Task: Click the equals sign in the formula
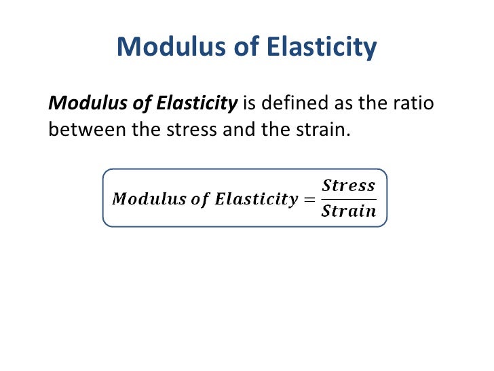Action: (x=309, y=199)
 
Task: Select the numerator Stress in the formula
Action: (x=348, y=185)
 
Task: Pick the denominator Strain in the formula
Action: (x=348, y=211)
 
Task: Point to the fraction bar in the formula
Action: (x=348, y=198)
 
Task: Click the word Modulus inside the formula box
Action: (x=148, y=199)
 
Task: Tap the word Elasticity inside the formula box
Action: (x=256, y=199)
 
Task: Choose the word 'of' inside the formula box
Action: (x=200, y=199)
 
